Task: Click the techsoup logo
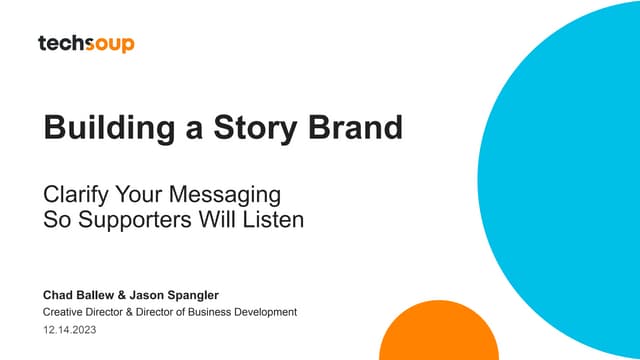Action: click(86, 44)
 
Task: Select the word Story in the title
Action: click(255, 128)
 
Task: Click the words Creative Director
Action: click(85, 312)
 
